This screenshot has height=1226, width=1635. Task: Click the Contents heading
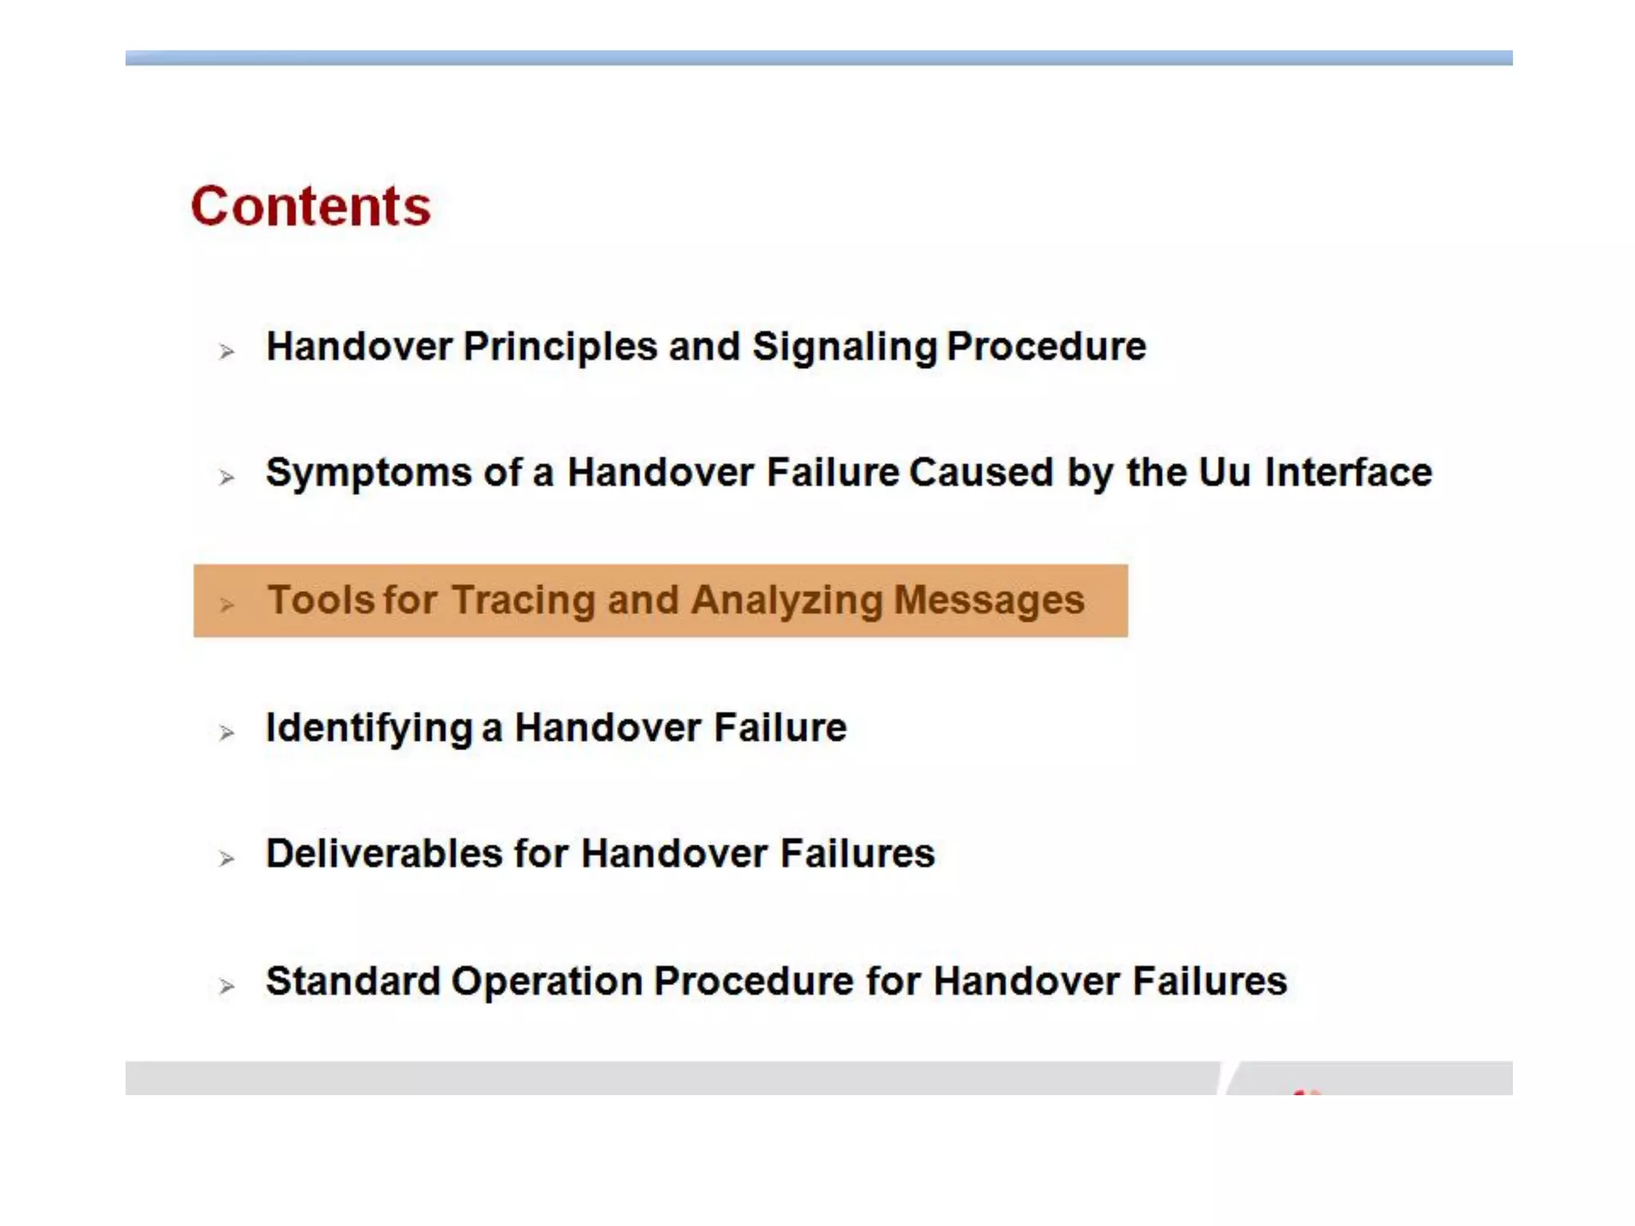pos(311,207)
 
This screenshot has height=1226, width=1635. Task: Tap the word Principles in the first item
pos(560,346)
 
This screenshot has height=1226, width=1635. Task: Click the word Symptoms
pos(369,473)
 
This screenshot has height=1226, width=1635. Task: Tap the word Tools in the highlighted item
pos(320,600)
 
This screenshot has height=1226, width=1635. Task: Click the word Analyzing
pos(786,601)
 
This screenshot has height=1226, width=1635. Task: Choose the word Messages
pos(989,600)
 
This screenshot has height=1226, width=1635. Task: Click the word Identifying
pos(369,728)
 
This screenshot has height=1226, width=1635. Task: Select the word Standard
pos(353,981)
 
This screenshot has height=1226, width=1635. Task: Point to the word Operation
pos(547,982)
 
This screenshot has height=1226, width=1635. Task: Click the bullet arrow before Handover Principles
pos(227,351)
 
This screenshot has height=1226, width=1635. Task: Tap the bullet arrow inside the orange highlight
pos(227,605)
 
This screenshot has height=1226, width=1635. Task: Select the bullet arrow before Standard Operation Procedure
pos(227,987)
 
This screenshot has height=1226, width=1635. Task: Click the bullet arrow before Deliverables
pos(227,859)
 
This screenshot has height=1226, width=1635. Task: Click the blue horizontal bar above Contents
pos(817,57)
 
